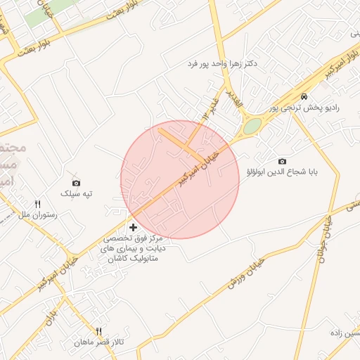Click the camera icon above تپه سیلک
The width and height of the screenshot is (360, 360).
(x=76, y=183)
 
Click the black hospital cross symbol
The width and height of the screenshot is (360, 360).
(x=134, y=227)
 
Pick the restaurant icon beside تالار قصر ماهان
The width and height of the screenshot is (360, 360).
(x=99, y=331)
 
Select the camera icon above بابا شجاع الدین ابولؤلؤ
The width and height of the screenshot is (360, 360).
(x=283, y=161)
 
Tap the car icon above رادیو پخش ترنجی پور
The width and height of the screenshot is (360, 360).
(x=303, y=96)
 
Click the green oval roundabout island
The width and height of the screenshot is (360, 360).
(x=252, y=127)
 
